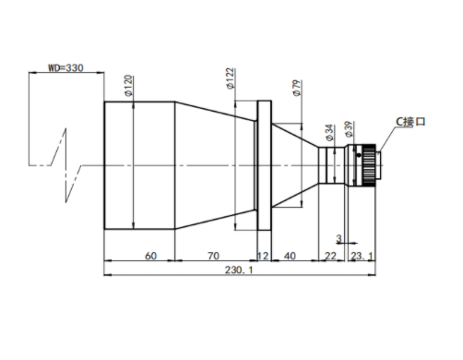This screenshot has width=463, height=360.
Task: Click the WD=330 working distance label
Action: tap(65, 67)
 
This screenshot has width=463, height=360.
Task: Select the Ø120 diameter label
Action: tap(129, 86)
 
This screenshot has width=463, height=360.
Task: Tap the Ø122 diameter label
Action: tap(231, 78)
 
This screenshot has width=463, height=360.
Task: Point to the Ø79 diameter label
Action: tap(297, 88)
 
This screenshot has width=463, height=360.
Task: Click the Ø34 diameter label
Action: tap(329, 133)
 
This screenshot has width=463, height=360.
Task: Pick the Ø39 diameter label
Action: tap(349, 129)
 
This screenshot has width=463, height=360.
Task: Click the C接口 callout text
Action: tap(410, 122)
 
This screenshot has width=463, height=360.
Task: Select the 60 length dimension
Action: tap(150, 256)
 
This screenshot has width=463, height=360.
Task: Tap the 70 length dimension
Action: tap(213, 256)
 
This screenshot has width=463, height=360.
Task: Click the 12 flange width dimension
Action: tap(263, 256)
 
